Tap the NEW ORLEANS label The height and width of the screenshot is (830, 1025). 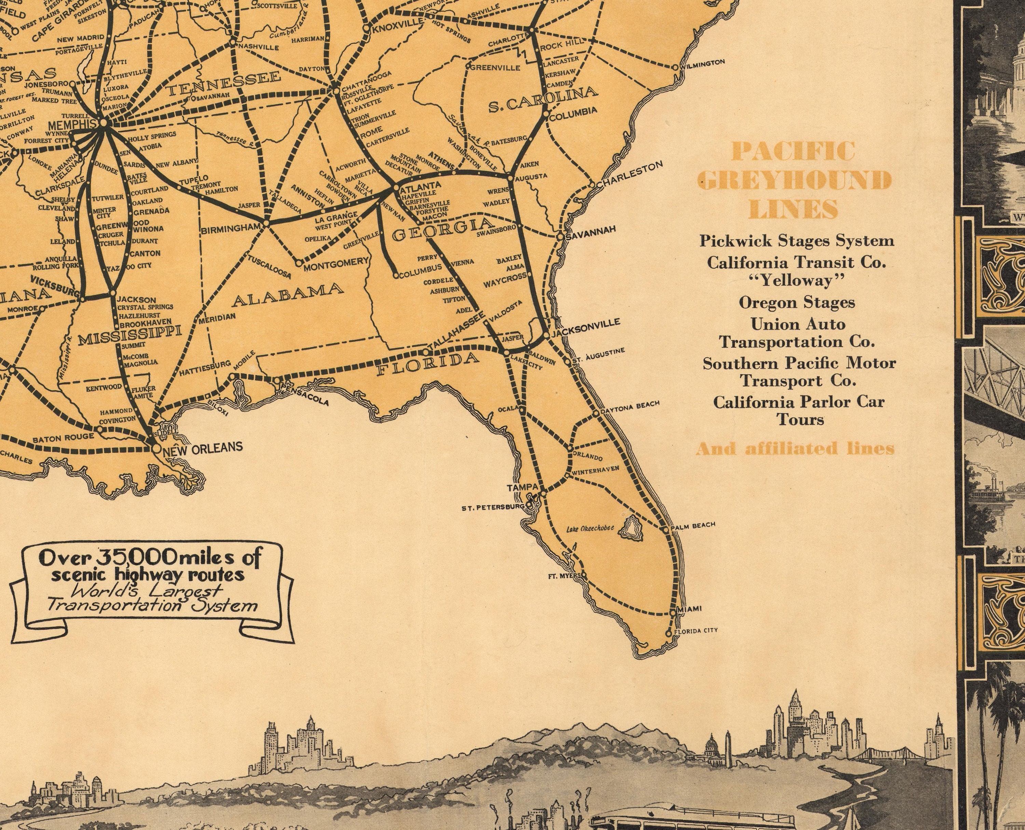[x=202, y=447]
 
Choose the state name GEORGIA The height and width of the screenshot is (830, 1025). [x=443, y=230]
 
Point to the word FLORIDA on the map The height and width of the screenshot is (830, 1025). [x=428, y=364]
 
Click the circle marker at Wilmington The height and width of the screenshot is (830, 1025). [x=675, y=67]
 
